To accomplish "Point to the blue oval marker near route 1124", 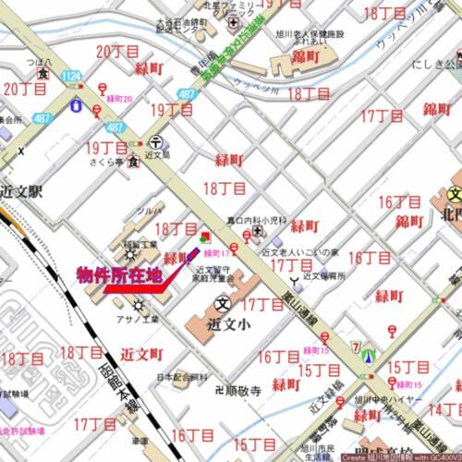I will (73, 105).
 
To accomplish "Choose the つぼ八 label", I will (38, 64).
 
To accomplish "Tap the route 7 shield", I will (355, 346).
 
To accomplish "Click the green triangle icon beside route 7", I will (370, 354).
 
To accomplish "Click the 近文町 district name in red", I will (141, 354).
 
